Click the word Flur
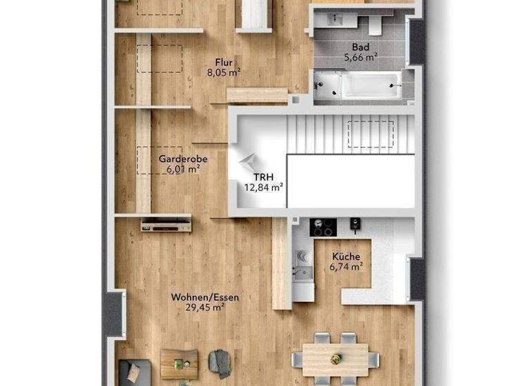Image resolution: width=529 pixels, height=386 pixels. click(x=223, y=60)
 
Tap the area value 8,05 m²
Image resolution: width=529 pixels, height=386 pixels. click(x=223, y=71)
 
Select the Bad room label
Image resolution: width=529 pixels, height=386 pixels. click(x=360, y=48)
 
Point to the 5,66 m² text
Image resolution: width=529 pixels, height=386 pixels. click(x=360, y=59)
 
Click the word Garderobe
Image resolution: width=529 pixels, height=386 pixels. click(x=183, y=159)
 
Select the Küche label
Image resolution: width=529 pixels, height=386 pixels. click(x=345, y=256)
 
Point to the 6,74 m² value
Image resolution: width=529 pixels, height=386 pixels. click(x=345, y=266)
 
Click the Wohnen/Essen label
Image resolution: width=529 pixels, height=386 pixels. click(x=205, y=297)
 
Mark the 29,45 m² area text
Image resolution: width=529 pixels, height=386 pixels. click(x=205, y=308)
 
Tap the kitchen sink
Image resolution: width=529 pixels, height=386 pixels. click(x=301, y=261)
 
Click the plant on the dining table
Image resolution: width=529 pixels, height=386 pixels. click(x=336, y=358)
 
